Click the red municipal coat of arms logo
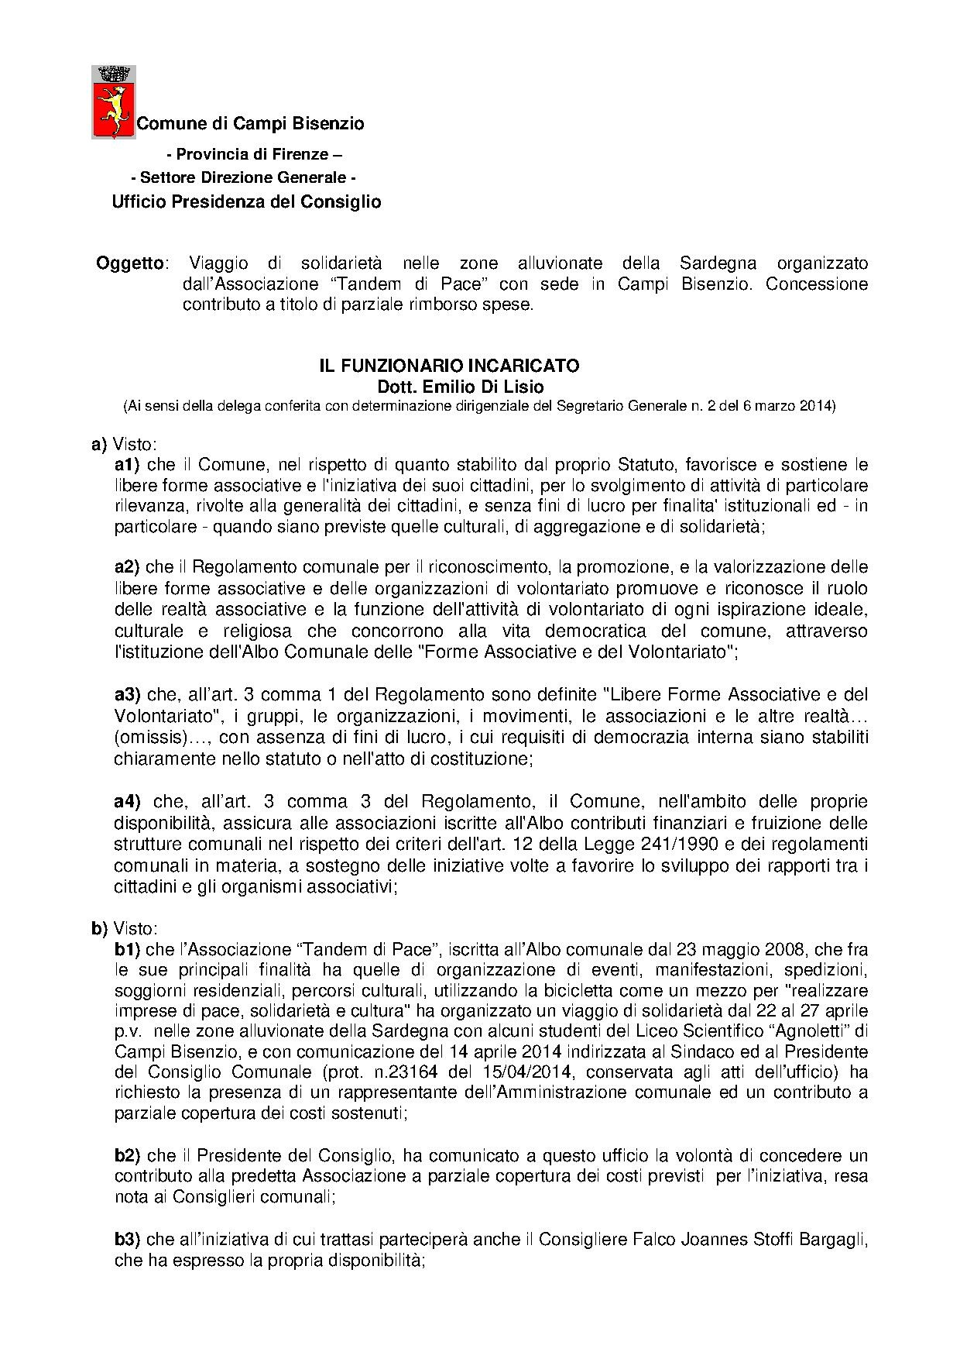point(113,102)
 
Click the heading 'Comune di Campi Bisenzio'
point(250,123)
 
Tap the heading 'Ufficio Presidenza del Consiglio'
point(246,202)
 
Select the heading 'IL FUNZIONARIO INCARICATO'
point(449,366)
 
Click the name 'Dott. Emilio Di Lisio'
point(449,386)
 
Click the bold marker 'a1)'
point(127,465)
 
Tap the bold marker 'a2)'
point(127,566)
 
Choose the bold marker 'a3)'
point(127,693)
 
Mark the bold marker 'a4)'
point(127,800)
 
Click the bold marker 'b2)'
point(127,1156)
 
